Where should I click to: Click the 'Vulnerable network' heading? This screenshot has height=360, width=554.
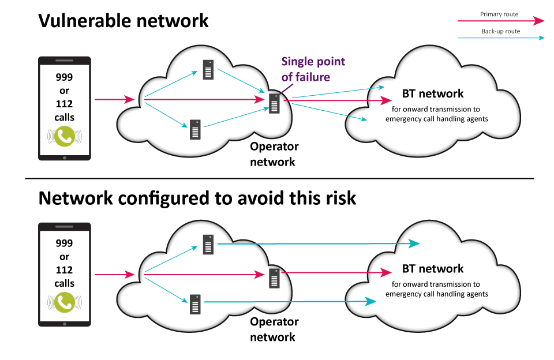pos(123,21)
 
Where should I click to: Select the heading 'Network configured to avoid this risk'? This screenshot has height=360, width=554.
pos(197,198)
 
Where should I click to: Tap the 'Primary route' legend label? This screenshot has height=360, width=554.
pos(499,14)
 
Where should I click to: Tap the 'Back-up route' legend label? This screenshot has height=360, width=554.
pos(500,32)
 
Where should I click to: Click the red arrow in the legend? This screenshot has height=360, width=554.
pos(500,21)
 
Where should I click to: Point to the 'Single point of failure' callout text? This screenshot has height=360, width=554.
pos(313,69)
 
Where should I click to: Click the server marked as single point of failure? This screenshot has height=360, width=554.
pos(275,102)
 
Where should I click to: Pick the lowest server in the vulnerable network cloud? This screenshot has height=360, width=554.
pos(196,129)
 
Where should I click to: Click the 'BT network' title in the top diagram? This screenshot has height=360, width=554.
pos(432,93)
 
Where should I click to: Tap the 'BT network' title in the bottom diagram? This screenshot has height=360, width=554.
pos(432,269)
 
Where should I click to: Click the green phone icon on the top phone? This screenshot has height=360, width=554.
pos(64,136)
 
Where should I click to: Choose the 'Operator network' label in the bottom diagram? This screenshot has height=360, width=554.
pos(274,329)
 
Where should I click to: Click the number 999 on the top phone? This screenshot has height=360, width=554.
pos(64,77)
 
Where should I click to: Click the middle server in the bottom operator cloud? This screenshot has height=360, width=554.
pos(275,279)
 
